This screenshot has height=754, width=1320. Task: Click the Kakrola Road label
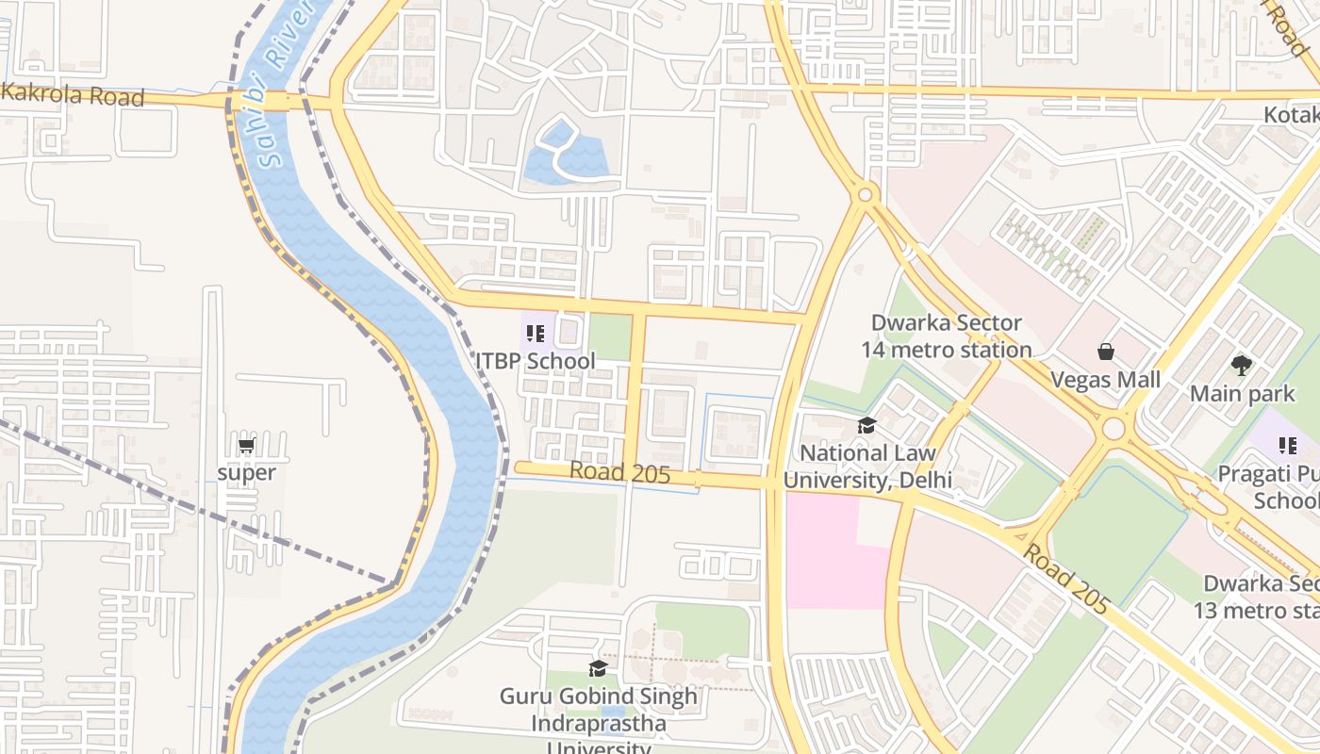74,95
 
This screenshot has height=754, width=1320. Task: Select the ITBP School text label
535,361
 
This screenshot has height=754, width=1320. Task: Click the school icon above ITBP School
535,334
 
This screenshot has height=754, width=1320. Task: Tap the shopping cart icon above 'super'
246,446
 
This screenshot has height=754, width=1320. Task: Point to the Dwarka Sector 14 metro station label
946,336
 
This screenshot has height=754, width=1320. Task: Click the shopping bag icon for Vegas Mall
1106,352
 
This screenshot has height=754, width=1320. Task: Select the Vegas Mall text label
1106,380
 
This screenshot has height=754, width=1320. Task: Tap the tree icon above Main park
1242,366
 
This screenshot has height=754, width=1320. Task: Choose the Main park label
1242,394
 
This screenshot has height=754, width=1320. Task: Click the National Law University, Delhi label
867,467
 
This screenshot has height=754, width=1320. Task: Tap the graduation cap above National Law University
866,426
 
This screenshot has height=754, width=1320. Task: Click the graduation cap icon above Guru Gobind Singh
598,668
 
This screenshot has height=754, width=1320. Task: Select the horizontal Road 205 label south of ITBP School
619,473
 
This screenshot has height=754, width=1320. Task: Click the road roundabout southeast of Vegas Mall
1114,429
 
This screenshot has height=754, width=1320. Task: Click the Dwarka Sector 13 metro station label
1259,597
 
